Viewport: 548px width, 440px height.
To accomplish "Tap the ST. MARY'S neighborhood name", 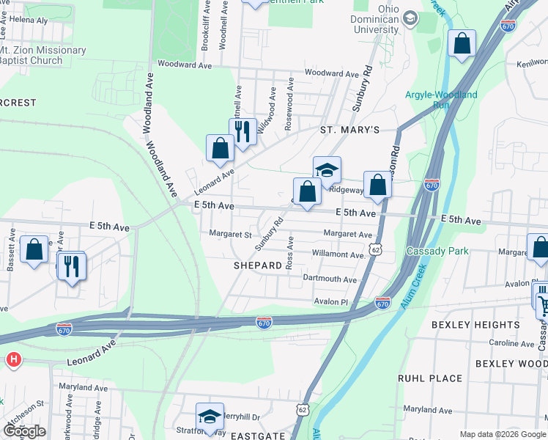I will (x=349, y=130).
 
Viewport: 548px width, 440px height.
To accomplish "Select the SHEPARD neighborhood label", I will (x=258, y=265).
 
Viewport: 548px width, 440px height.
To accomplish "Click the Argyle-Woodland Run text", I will (x=441, y=100).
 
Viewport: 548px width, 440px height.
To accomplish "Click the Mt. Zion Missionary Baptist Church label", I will (x=42, y=56).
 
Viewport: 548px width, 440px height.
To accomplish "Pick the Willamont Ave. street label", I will (x=338, y=254).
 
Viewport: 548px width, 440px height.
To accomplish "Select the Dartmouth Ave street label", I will (x=330, y=279).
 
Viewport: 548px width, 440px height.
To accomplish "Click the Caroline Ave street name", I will (x=511, y=343).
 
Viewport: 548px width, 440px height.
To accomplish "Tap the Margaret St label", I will (x=230, y=235).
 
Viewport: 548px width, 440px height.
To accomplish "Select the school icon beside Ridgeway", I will (x=327, y=170).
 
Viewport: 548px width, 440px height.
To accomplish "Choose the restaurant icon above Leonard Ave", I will (x=242, y=132).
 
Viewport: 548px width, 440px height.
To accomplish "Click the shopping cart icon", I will (x=543, y=303).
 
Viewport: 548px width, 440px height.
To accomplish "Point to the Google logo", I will (x=23, y=431).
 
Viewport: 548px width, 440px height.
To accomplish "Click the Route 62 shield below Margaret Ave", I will (x=376, y=250).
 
